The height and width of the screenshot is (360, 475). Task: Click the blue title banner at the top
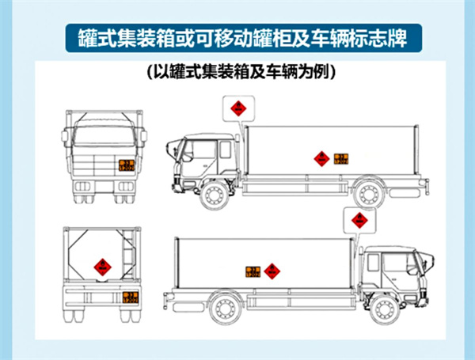pos(238,37)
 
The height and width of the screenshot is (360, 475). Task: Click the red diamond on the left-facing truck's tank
pos(321,158)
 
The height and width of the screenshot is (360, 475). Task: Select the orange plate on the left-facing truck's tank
pos(341,158)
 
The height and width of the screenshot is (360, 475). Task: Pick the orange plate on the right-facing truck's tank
pos(252,271)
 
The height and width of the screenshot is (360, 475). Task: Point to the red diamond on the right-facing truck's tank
pos(272,271)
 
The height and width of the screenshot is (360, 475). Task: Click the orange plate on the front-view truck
pos(126,165)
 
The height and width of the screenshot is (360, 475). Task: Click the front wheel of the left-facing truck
pos(215,195)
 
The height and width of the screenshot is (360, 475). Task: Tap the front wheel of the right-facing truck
pos(382,307)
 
